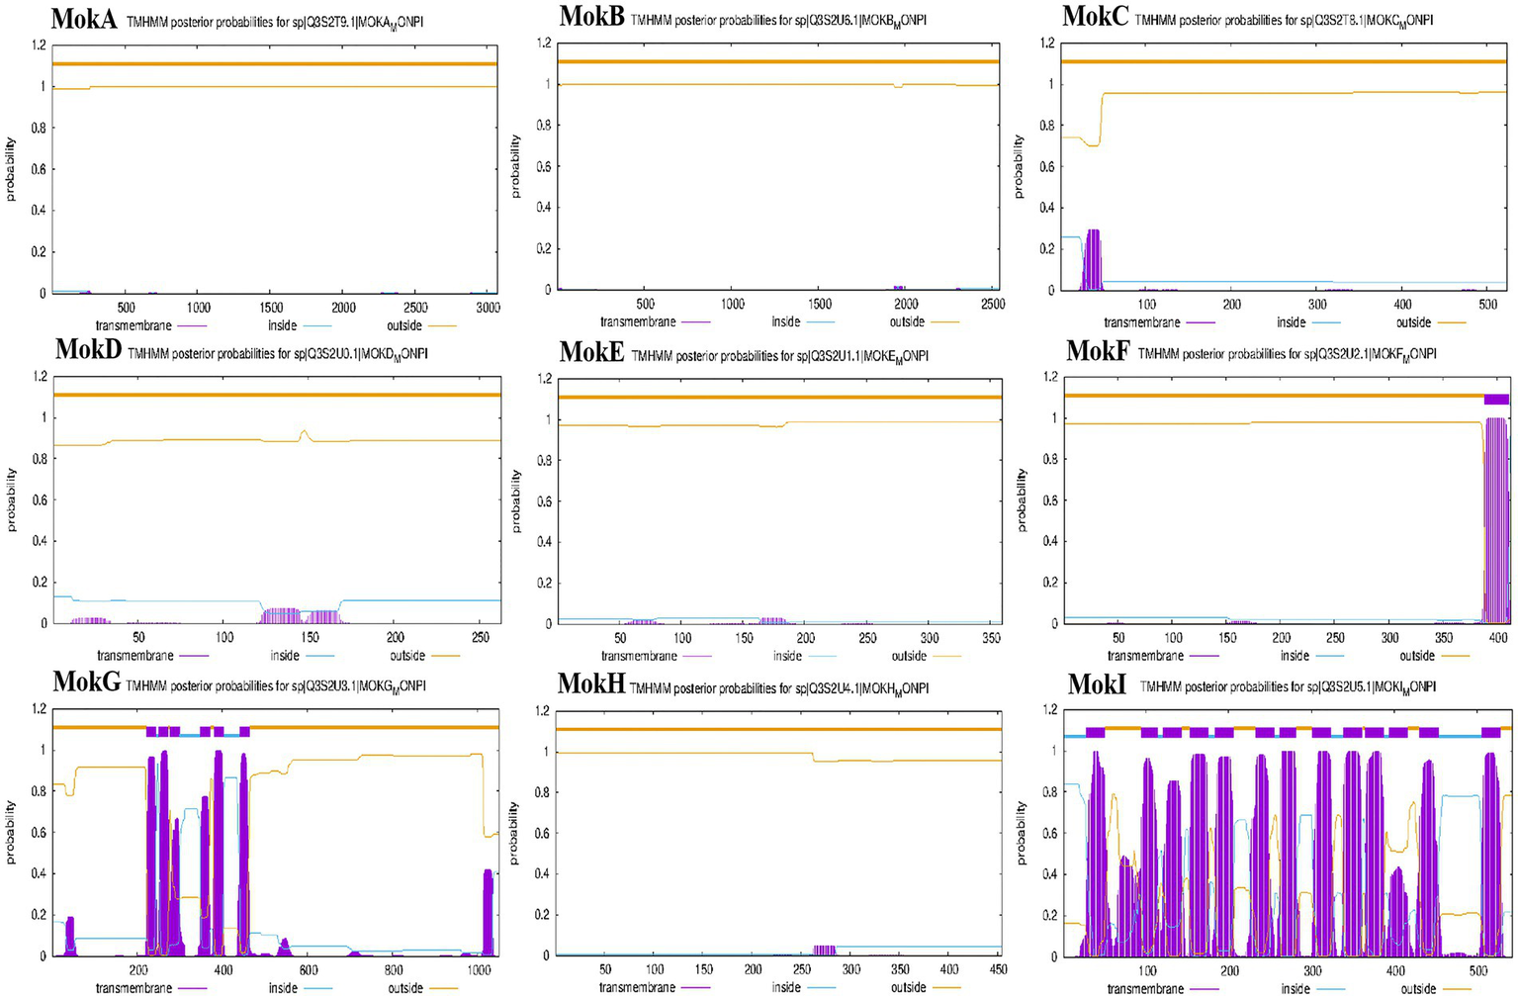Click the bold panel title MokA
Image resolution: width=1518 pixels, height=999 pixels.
(x=84, y=18)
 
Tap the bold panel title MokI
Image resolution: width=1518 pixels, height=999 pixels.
(x=1097, y=683)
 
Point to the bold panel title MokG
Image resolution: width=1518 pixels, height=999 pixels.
(x=87, y=681)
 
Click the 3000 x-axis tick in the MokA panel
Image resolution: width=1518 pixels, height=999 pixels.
(x=488, y=308)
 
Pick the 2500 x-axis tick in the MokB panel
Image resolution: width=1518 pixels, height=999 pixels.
(x=993, y=304)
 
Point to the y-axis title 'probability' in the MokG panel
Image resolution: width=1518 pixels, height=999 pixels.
(x=11, y=833)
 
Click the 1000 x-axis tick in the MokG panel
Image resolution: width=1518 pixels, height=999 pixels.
(x=479, y=970)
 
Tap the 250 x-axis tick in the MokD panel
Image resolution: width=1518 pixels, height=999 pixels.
(x=481, y=638)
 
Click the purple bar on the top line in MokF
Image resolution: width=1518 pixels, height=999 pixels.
(x=1496, y=399)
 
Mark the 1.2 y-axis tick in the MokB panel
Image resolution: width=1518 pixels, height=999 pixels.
(x=543, y=43)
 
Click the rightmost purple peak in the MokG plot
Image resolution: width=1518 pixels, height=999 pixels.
(x=488, y=910)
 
